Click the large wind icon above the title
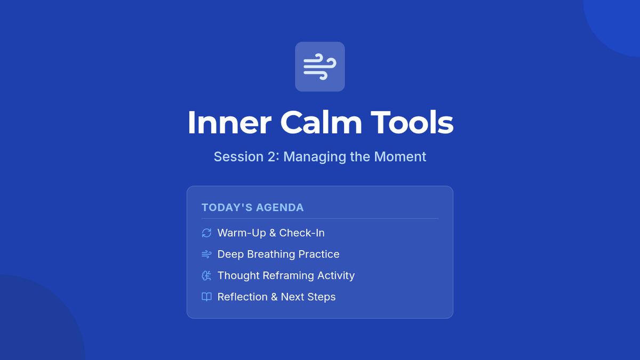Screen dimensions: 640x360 coord(319,67)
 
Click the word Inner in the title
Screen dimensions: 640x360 coord(229,122)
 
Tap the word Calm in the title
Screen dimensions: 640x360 coord(321,122)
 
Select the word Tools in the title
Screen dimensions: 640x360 coord(412,122)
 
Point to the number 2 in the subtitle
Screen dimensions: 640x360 coord(271,157)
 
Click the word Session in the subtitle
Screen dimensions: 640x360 coord(238,157)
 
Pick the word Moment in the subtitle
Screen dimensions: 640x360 coord(400,157)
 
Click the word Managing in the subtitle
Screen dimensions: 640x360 coord(314,157)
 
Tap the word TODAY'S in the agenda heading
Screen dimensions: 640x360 coord(226,207)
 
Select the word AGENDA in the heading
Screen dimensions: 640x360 coord(280,207)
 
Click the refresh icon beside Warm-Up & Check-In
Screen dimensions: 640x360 coord(206,233)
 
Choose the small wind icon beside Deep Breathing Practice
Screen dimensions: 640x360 coord(206,254)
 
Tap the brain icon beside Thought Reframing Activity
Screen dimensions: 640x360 coord(206,275)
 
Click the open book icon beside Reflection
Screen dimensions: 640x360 coord(206,297)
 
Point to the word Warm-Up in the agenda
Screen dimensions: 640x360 coord(242,233)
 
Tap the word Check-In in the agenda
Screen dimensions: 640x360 coord(302,233)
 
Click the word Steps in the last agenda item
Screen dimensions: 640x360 coord(322,298)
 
